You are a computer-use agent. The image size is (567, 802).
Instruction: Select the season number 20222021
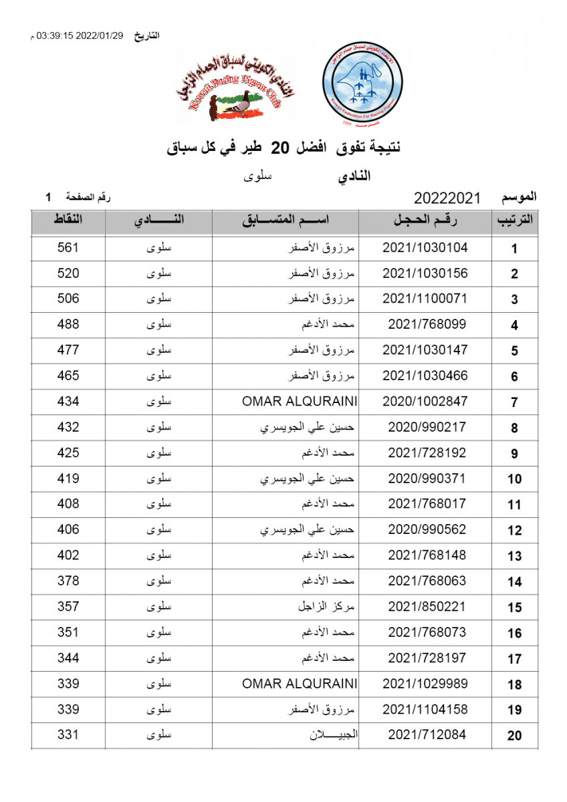pyautogui.click(x=447, y=198)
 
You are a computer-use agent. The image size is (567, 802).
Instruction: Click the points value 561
pyautogui.click(x=68, y=248)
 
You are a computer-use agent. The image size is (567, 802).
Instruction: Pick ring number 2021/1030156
pyautogui.click(x=425, y=273)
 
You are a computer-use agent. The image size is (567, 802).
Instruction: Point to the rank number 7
pyautogui.click(x=514, y=403)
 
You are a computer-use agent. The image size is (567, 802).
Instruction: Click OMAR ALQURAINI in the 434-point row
pyautogui.click(x=300, y=402)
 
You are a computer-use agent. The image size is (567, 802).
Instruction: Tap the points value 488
pyautogui.click(x=68, y=325)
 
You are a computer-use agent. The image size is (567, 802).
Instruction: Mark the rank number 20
pyautogui.click(x=514, y=737)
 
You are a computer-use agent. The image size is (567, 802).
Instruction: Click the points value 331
pyautogui.click(x=68, y=735)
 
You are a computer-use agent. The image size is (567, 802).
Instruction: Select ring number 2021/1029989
pyautogui.click(x=425, y=684)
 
